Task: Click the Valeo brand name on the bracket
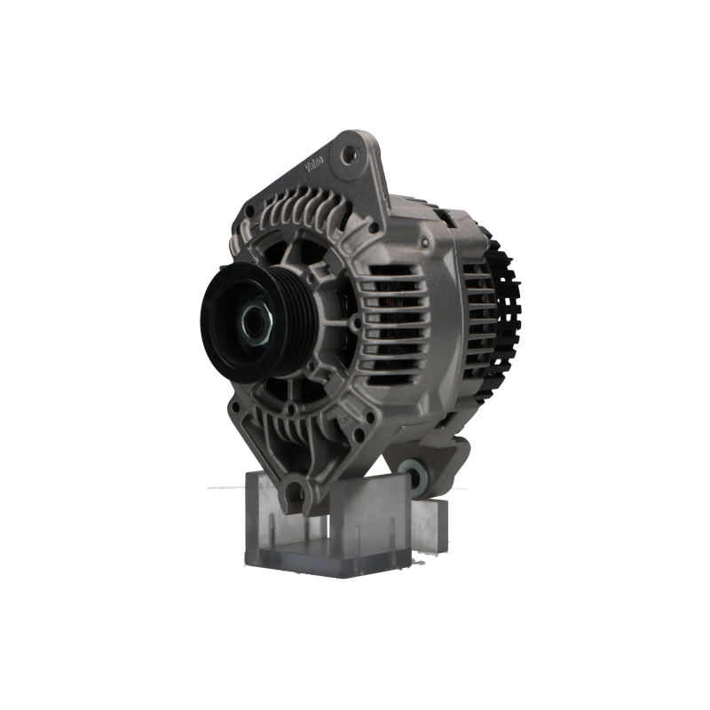(x=315, y=166)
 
